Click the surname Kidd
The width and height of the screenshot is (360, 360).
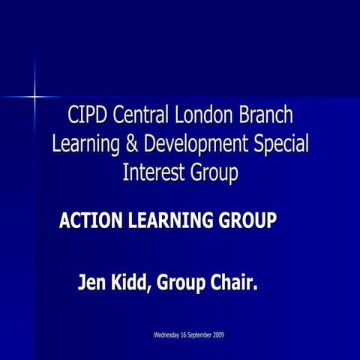coord(133,284)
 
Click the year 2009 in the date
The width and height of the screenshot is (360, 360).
coord(217,334)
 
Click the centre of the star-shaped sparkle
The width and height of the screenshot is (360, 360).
coord(34,96)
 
